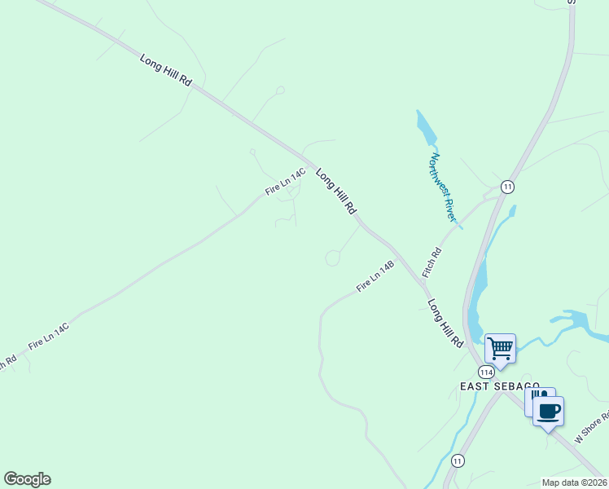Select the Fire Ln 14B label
(x=375, y=277)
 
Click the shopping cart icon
(x=500, y=349)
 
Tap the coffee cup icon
(x=549, y=410)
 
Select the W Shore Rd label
(x=591, y=428)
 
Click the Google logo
(x=27, y=478)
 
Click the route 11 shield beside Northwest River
(x=507, y=187)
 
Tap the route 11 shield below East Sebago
(x=458, y=461)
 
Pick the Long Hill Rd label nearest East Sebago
(x=445, y=324)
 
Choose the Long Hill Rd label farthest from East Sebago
(x=165, y=70)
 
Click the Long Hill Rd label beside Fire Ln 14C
(x=336, y=192)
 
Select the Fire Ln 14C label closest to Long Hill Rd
(x=285, y=182)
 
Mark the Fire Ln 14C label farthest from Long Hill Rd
(x=48, y=336)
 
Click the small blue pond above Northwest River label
(x=424, y=129)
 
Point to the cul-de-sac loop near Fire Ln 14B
(x=333, y=258)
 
